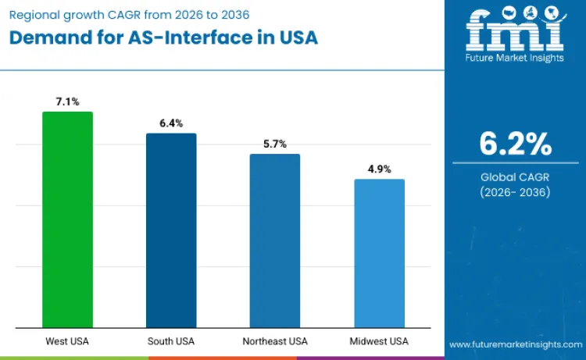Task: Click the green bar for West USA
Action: [67, 219]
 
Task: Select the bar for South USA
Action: [171, 230]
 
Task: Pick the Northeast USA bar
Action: [274, 241]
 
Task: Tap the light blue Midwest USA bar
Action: [379, 253]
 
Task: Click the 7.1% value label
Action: [67, 102]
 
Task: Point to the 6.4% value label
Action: [171, 123]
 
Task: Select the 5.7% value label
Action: [274, 144]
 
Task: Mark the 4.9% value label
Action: [379, 169]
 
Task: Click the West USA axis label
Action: [67, 341]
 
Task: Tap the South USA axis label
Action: [171, 341]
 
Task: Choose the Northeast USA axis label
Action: [274, 341]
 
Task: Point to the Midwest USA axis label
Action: [379, 341]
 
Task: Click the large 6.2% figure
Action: [515, 144]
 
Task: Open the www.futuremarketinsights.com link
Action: [515, 344]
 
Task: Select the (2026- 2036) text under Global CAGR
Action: [515, 192]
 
